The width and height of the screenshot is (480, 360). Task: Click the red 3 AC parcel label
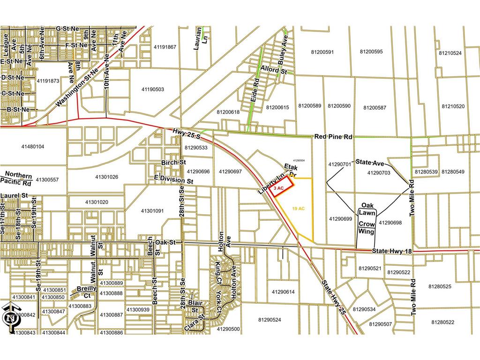[278, 188]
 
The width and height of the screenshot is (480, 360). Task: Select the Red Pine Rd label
[333, 136]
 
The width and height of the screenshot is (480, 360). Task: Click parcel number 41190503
[152, 89]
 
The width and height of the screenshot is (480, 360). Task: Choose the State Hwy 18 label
[392, 252]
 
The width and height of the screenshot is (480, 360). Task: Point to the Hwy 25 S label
[186, 135]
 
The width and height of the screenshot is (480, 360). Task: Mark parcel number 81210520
[453, 106]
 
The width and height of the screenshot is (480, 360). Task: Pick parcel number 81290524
[270, 320]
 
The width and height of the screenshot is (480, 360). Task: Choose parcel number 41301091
[152, 211]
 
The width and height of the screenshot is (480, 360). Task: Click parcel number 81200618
[228, 112]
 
